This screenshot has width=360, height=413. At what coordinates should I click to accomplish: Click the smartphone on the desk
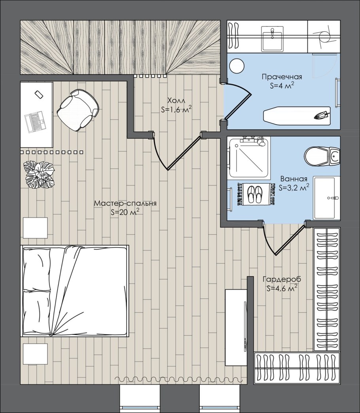click(38, 94)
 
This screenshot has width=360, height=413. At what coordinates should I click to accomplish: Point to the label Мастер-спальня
click(125, 203)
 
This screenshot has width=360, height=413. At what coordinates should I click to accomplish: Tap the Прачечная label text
click(282, 77)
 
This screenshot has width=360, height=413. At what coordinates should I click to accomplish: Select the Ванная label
click(294, 179)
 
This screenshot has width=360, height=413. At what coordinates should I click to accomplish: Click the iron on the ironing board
click(322, 116)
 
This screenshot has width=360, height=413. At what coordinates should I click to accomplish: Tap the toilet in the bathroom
click(322, 157)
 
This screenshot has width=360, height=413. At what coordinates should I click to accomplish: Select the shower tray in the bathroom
click(249, 157)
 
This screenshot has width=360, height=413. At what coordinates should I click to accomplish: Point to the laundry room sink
click(272, 38)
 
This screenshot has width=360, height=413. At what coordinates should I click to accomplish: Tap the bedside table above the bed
click(35, 228)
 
